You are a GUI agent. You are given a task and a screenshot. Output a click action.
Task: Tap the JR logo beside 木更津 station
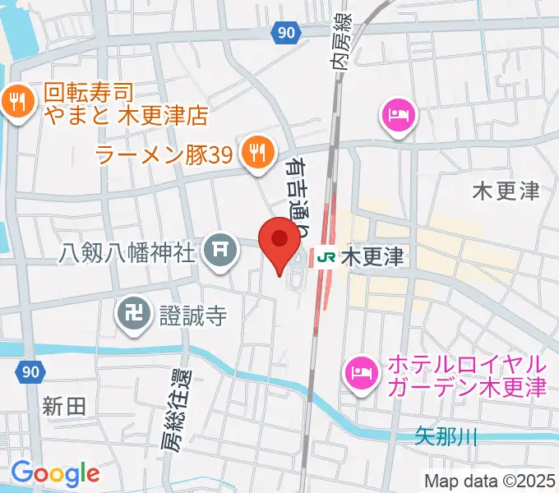325,258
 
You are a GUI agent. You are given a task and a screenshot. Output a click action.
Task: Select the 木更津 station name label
372,258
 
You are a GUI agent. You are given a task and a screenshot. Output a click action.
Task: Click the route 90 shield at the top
284,32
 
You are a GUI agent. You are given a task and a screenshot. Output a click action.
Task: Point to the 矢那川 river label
446,437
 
